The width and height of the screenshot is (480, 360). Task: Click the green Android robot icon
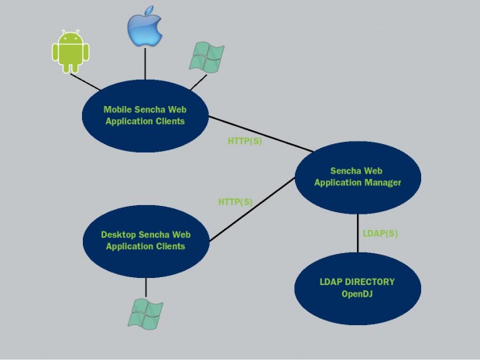(x=70, y=51)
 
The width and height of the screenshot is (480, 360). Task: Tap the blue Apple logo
(x=145, y=26)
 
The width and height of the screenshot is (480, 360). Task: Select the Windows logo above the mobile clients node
(x=207, y=57)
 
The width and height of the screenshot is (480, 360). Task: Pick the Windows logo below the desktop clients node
(x=146, y=314)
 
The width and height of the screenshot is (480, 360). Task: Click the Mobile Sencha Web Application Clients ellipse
(x=146, y=115)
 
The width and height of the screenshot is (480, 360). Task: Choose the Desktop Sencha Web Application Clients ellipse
(x=146, y=242)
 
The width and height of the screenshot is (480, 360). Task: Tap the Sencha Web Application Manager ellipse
(x=358, y=177)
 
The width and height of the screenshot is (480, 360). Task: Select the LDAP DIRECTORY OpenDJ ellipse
(x=358, y=288)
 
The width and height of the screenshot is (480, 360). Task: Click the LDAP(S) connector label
(x=380, y=234)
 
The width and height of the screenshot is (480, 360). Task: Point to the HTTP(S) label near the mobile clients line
(x=245, y=141)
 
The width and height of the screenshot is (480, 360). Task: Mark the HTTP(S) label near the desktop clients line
(x=235, y=202)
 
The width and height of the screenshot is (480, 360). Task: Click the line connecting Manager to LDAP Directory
(x=358, y=233)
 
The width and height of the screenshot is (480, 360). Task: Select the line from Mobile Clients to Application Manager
(x=261, y=134)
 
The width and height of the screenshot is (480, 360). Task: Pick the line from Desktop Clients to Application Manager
(x=252, y=209)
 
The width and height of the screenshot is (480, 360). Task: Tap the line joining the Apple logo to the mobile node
(x=145, y=63)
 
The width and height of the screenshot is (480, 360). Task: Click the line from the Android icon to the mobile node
(x=85, y=82)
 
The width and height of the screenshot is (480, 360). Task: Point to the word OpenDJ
(x=357, y=294)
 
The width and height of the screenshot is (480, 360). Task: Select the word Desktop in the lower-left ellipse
(x=118, y=235)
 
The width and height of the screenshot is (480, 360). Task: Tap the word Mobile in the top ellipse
(x=118, y=110)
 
